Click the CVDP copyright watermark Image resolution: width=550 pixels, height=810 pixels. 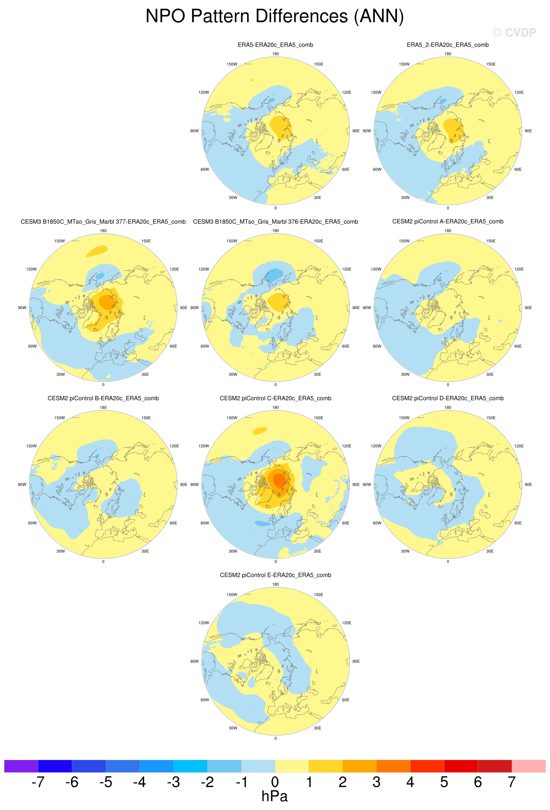[x=514, y=32]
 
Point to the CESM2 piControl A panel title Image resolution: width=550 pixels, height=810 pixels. [x=448, y=221]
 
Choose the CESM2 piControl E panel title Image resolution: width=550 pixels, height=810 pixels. [x=275, y=575]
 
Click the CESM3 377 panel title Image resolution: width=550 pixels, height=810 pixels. [x=103, y=222]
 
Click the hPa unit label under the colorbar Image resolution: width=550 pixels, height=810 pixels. [x=274, y=796]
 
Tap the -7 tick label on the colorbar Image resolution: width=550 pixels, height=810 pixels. [x=38, y=782]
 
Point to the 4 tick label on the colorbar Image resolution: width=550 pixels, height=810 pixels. [x=410, y=782]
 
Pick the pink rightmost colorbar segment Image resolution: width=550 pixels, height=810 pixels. [x=528, y=766]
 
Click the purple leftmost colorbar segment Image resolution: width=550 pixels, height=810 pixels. [x=21, y=766]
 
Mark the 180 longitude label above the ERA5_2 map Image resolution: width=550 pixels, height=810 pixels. [x=448, y=54]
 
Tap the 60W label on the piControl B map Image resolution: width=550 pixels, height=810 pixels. [x=32, y=523]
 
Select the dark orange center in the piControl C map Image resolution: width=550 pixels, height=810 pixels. [x=279, y=481]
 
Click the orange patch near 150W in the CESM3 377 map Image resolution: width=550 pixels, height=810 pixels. [x=97, y=251]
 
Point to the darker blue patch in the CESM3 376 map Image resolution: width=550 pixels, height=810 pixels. [x=275, y=275]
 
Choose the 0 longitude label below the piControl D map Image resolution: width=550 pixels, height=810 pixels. [x=448, y=561]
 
